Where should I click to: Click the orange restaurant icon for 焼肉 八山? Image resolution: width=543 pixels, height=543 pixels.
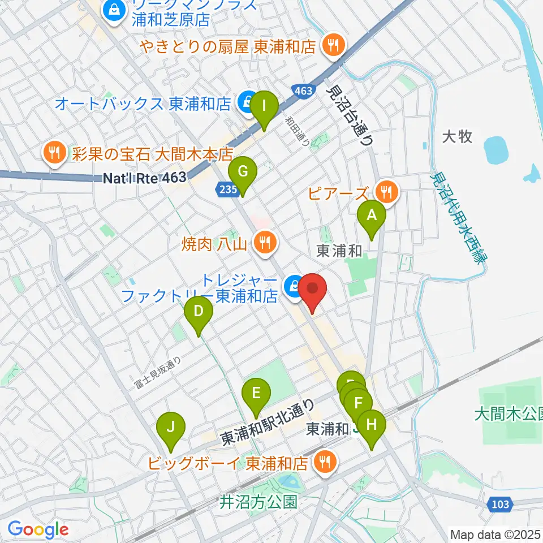point(264,243)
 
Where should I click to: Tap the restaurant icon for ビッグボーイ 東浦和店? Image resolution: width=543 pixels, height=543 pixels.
point(325,462)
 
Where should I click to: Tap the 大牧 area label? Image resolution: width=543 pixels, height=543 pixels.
point(457,137)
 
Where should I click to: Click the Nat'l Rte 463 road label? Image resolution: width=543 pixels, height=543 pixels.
point(145,178)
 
